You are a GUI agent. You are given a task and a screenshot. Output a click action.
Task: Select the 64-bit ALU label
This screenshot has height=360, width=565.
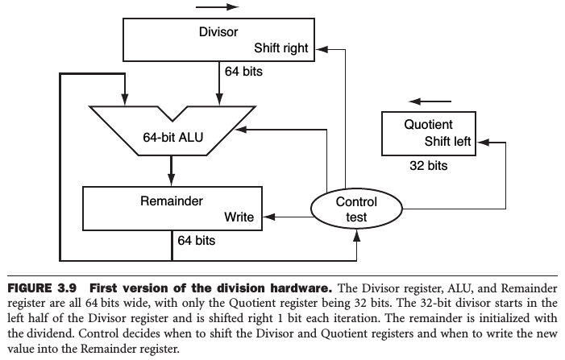[172, 136]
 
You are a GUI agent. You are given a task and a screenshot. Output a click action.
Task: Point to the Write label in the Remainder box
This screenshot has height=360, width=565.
[239, 217]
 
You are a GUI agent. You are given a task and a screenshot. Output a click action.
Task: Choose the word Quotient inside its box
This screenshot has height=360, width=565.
[428, 125]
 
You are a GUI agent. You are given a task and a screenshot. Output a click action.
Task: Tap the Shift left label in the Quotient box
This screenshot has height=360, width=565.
[447, 142]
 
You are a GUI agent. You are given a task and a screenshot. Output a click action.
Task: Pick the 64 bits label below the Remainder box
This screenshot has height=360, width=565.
[197, 240]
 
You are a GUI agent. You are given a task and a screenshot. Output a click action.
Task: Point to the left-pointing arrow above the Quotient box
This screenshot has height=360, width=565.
[427, 101]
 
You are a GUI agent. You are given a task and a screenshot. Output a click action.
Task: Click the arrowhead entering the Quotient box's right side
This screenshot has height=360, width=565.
[479, 142]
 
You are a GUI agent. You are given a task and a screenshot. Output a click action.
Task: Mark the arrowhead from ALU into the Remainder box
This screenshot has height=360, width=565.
[172, 182]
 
